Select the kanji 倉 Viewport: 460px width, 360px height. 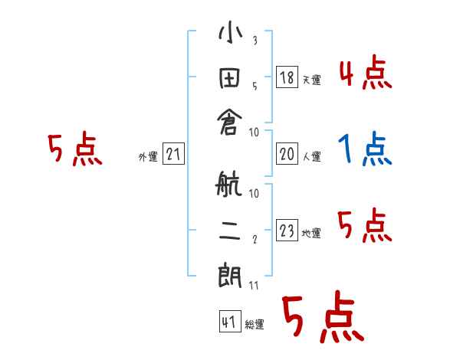tap(230, 122)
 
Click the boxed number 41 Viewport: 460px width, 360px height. tap(228, 322)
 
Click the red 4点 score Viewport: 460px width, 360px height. tap(365, 74)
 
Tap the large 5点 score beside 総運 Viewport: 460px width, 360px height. tap(322, 318)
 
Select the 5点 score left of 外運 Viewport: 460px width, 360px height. tap(74, 150)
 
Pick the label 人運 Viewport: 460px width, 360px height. tap(311, 157)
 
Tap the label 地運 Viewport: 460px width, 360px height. tap(311, 234)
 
